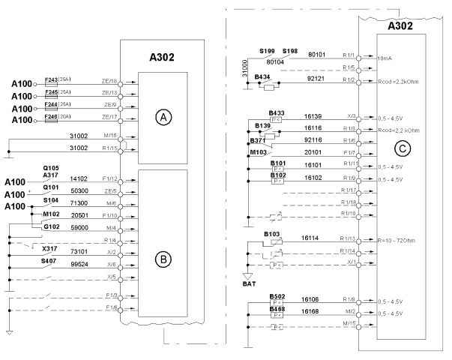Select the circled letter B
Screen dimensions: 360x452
(x=160, y=260)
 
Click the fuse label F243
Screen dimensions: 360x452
(x=52, y=79)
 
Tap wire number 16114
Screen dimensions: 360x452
(x=310, y=238)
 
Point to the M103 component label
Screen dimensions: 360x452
(x=259, y=153)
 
